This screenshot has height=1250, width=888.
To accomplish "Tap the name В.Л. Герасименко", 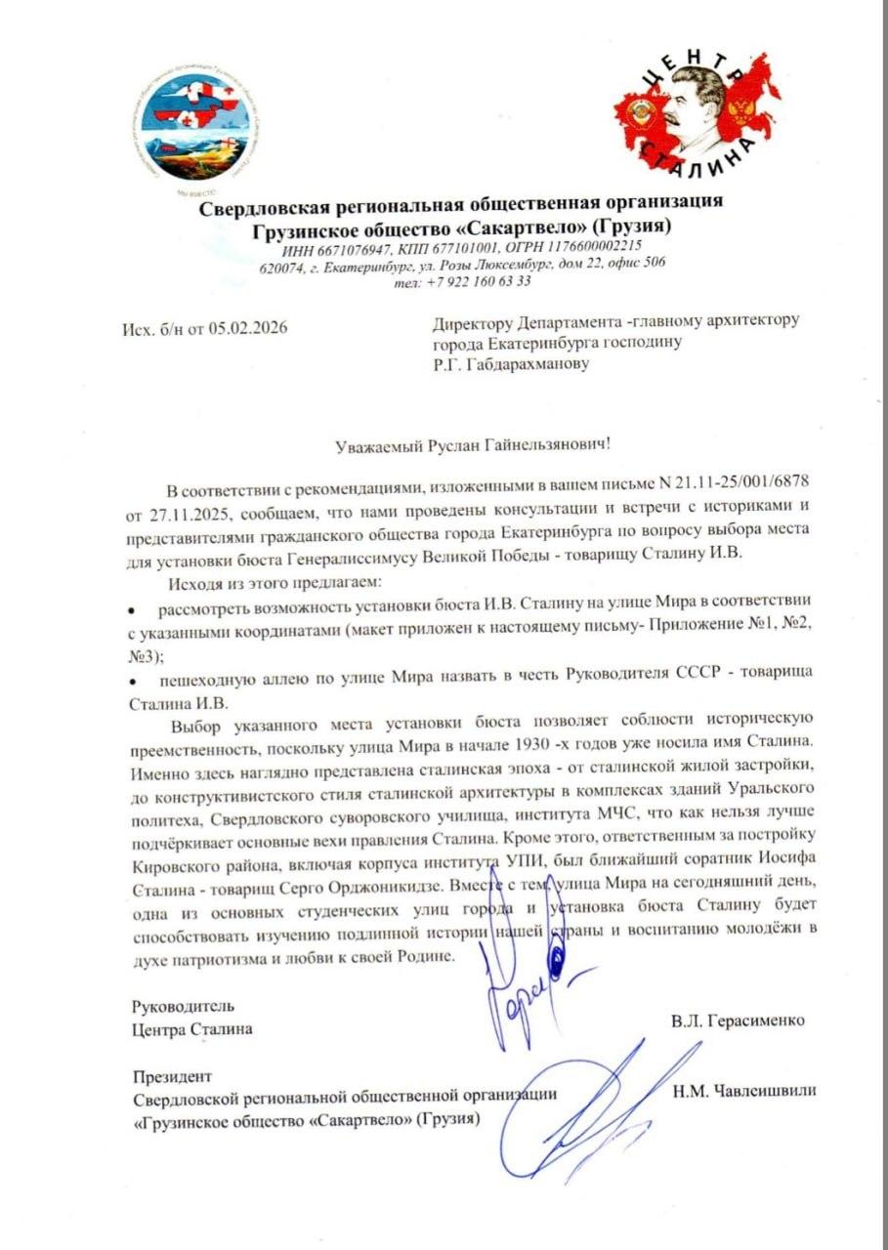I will click(x=738, y=1021).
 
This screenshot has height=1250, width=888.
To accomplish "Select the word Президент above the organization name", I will click(x=171, y=1077).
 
